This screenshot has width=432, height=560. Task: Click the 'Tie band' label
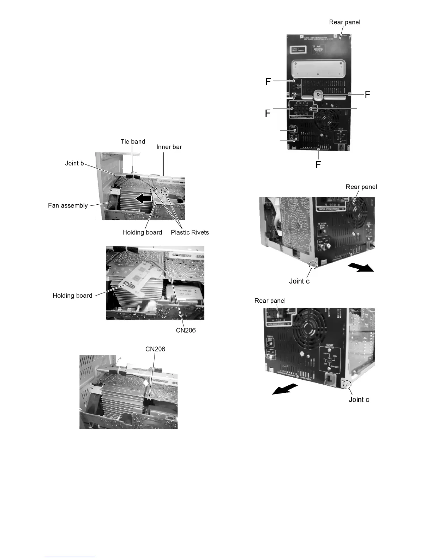(x=133, y=142)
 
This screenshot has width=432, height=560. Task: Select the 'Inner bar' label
(x=169, y=147)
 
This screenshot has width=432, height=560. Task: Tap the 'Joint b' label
(x=74, y=163)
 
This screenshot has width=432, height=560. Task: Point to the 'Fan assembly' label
(x=68, y=205)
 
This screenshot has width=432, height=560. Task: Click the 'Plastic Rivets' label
(x=190, y=232)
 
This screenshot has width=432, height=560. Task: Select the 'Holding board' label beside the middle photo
(x=72, y=296)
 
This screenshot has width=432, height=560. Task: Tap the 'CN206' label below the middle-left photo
(x=186, y=330)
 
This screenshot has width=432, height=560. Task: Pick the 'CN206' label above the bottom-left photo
(x=155, y=349)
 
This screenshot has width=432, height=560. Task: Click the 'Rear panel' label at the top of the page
(x=344, y=22)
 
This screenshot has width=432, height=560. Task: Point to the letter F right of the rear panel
(x=367, y=94)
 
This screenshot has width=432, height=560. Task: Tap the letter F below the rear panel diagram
(x=318, y=165)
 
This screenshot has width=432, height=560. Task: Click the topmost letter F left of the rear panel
(x=269, y=82)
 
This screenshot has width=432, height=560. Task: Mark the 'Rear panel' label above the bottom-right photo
(x=270, y=301)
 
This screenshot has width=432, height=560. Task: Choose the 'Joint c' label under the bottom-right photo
(x=359, y=399)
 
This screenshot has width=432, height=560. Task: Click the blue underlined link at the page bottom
(x=70, y=557)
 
